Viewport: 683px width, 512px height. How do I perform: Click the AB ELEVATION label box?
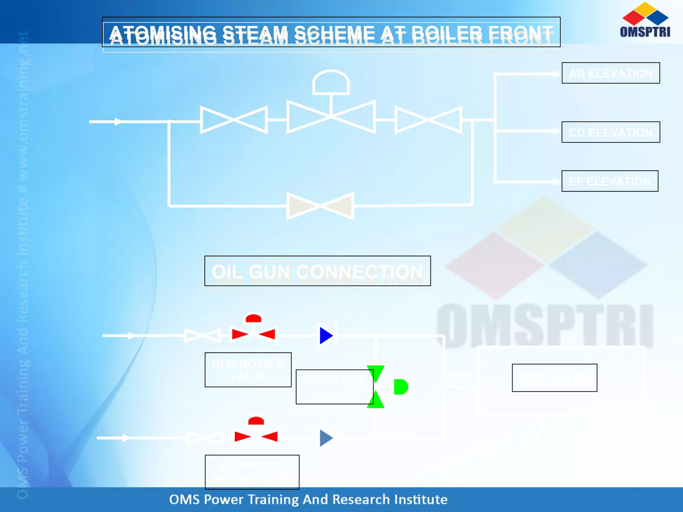(x=611, y=73)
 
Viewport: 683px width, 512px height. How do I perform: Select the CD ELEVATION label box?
(x=611, y=132)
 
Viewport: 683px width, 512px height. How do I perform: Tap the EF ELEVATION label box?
(x=610, y=181)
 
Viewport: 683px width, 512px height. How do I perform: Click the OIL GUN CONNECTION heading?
(x=317, y=271)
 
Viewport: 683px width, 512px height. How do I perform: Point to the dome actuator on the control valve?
(x=331, y=82)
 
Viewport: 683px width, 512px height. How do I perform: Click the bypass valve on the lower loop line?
(x=320, y=206)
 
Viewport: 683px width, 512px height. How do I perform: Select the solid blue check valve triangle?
(x=326, y=335)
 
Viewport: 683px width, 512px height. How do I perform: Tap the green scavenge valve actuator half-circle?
(x=400, y=387)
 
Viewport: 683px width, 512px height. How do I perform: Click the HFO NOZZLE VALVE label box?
(x=248, y=370)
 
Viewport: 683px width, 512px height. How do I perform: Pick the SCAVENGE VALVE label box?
(x=334, y=387)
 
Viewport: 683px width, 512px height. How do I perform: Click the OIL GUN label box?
(x=554, y=378)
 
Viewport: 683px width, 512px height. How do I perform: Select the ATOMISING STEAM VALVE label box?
(x=252, y=472)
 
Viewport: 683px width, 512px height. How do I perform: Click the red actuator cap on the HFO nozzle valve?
(x=253, y=319)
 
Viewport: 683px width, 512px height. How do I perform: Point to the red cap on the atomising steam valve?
(x=256, y=421)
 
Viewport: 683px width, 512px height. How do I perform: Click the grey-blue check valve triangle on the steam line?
(x=326, y=438)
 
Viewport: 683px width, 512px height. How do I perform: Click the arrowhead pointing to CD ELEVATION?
(x=556, y=131)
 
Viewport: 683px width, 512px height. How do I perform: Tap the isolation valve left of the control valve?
(x=234, y=120)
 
